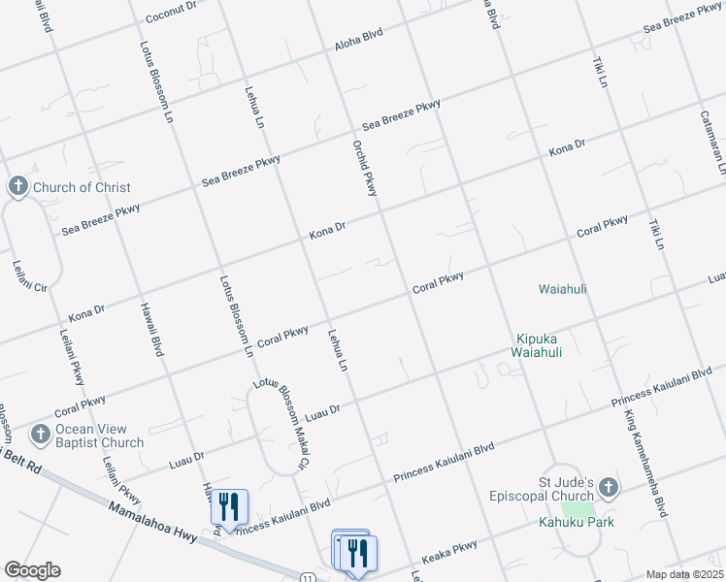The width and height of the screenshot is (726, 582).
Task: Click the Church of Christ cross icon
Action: [x=17, y=186]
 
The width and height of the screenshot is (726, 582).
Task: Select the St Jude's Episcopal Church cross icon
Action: [x=608, y=487]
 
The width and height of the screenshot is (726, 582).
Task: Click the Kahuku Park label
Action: [x=577, y=522]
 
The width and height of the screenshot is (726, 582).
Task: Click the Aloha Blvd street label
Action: [x=359, y=36]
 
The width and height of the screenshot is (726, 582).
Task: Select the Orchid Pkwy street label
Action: [x=364, y=167]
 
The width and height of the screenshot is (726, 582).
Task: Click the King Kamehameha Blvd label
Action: [x=645, y=462]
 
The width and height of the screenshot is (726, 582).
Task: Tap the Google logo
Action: [x=32, y=569]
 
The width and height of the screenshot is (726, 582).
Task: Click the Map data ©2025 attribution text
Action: [x=684, y=574]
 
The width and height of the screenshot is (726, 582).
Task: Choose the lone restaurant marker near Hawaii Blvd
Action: [x=229, y=506]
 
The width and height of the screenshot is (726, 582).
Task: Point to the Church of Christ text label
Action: [x=82, y=187]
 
